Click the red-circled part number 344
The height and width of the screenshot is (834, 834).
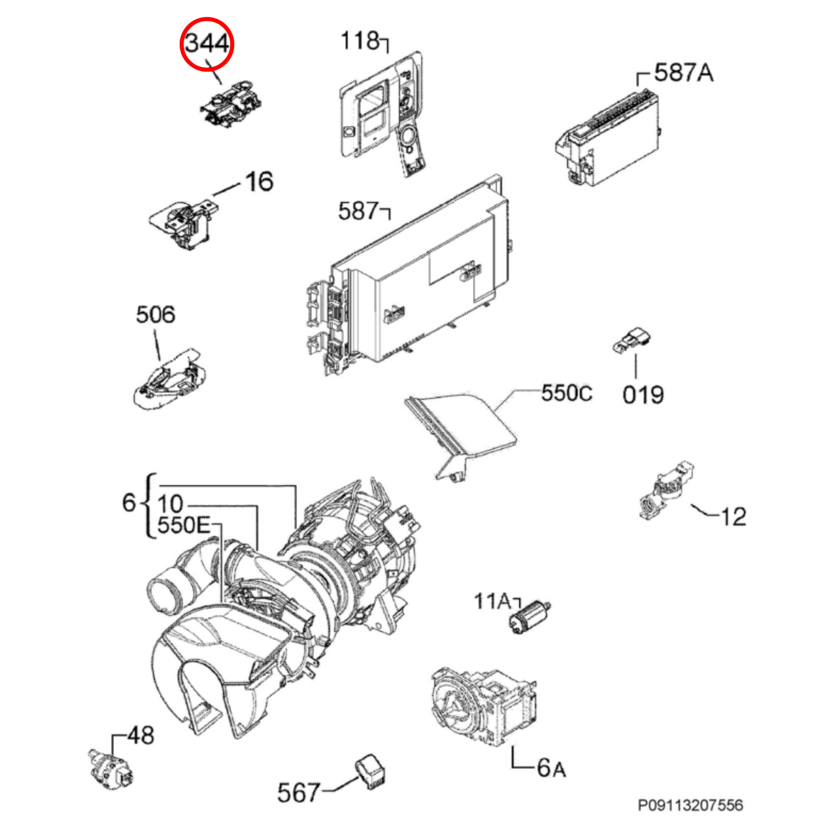pos(207,44)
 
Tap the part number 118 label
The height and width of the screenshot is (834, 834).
pos(360,41)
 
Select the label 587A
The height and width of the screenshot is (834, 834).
pos(683,72)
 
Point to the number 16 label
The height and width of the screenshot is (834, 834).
pos(259,181)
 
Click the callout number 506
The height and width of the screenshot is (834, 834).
pos(155,315)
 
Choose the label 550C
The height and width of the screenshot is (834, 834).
pos(567,394)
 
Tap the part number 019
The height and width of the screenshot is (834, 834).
pos(643,395)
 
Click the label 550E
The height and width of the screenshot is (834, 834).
pos(184,526)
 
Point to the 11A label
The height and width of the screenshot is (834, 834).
pos(492,601)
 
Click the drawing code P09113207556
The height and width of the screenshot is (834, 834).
pos(690,805)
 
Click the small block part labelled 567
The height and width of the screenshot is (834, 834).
pos(371,773)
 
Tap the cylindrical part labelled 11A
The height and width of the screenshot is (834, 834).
pos(530,619)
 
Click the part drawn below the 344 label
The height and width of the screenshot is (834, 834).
pos(231,103)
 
